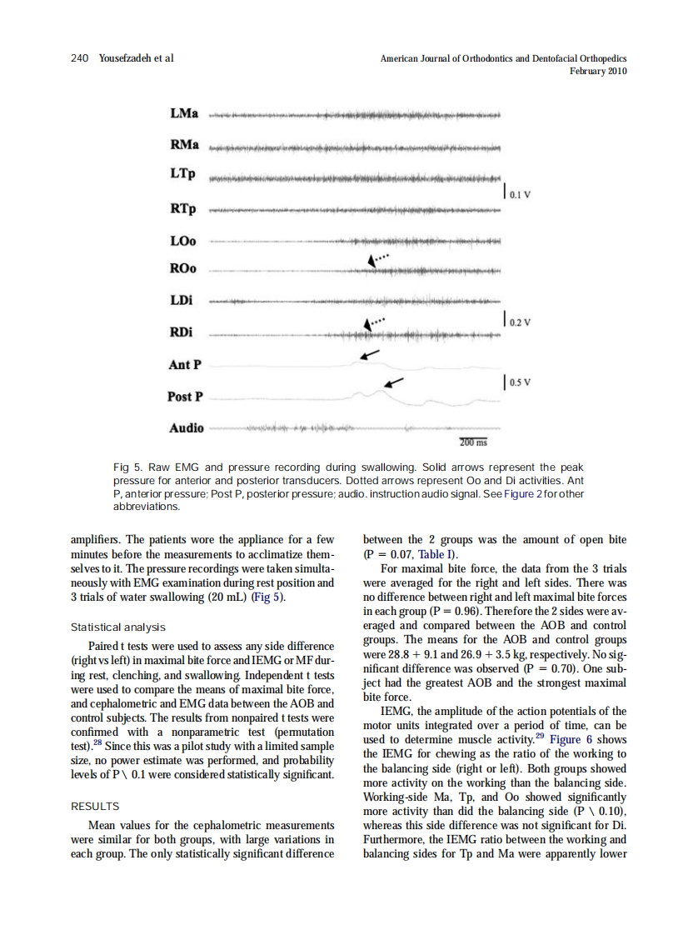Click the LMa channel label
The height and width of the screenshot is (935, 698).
(x=183, y=113)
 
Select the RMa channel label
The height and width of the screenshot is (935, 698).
(x=184, y=145)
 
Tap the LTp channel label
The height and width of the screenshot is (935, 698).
(x=182, y=176)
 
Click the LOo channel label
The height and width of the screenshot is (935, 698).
(x=182, y=241)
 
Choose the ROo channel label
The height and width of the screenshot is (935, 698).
(x=183, y=269)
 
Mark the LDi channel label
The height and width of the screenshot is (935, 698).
(x=182, y=301)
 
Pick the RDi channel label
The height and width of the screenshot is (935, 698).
(x=182, y=332)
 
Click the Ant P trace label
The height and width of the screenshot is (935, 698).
(x=185, y=364)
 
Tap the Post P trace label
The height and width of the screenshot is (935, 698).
(x=187, y=397)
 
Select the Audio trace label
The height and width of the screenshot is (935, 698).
(x=186, y=427)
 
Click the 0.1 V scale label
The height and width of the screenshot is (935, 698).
(x=521, y=197)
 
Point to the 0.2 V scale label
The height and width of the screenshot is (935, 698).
(x=521, y=321)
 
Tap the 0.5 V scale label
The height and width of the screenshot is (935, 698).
(x=521, y=383)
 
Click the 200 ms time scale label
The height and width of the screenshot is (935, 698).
(x=474, y=442)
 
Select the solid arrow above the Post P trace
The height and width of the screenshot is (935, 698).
(x=393, y=383)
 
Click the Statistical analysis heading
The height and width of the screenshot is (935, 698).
(x=118, y=627)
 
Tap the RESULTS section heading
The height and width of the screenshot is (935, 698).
(x=95, y=806)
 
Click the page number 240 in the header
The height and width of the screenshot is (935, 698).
(x=80, y=57)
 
